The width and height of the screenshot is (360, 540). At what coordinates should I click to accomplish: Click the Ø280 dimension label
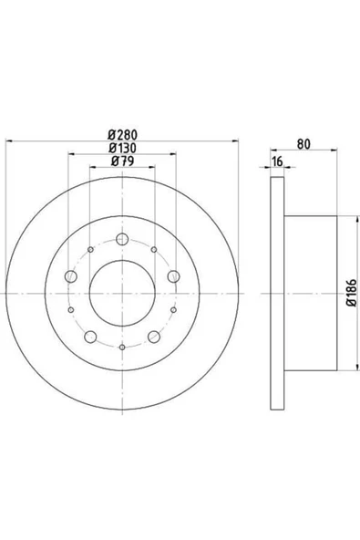point(122,134)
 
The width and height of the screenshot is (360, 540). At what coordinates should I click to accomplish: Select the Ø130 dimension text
point(122,148)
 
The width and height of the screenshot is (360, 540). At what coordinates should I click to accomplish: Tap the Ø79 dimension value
point(122,161)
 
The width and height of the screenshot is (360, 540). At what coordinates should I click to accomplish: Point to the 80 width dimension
point(303,144)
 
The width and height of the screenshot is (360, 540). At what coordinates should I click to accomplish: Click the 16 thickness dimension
point(277,161)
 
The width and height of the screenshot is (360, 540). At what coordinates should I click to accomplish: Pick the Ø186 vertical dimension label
point(352,293)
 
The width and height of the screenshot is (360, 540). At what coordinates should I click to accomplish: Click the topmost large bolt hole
point(122,239)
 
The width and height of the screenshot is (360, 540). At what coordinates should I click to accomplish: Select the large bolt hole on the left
point(71,276)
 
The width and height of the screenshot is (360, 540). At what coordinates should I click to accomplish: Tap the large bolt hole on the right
point(174,276)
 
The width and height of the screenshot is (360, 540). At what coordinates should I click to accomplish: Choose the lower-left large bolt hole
point(90,337)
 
